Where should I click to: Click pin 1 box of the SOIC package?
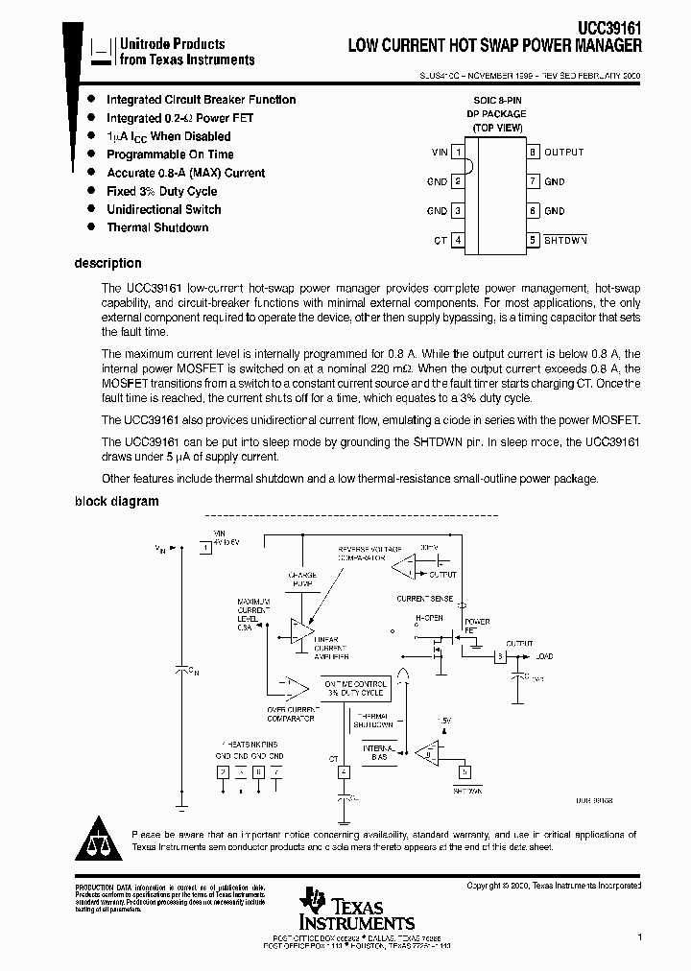pos(459,153)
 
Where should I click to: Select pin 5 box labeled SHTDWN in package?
pos(532,240)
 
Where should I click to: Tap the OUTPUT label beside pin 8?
pos(563,153)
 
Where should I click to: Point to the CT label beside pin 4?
pos(441,241)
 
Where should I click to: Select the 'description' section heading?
pos(107,263)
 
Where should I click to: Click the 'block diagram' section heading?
pos(116,501)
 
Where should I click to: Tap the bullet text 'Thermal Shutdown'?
pos(156,227)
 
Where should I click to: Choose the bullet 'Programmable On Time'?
pos(169,154)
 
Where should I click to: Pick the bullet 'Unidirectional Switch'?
pos(163,209)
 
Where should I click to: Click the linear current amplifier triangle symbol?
pos(300,630)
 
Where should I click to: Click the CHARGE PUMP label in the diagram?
pos(302,580)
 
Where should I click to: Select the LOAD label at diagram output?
pos(544,657)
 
